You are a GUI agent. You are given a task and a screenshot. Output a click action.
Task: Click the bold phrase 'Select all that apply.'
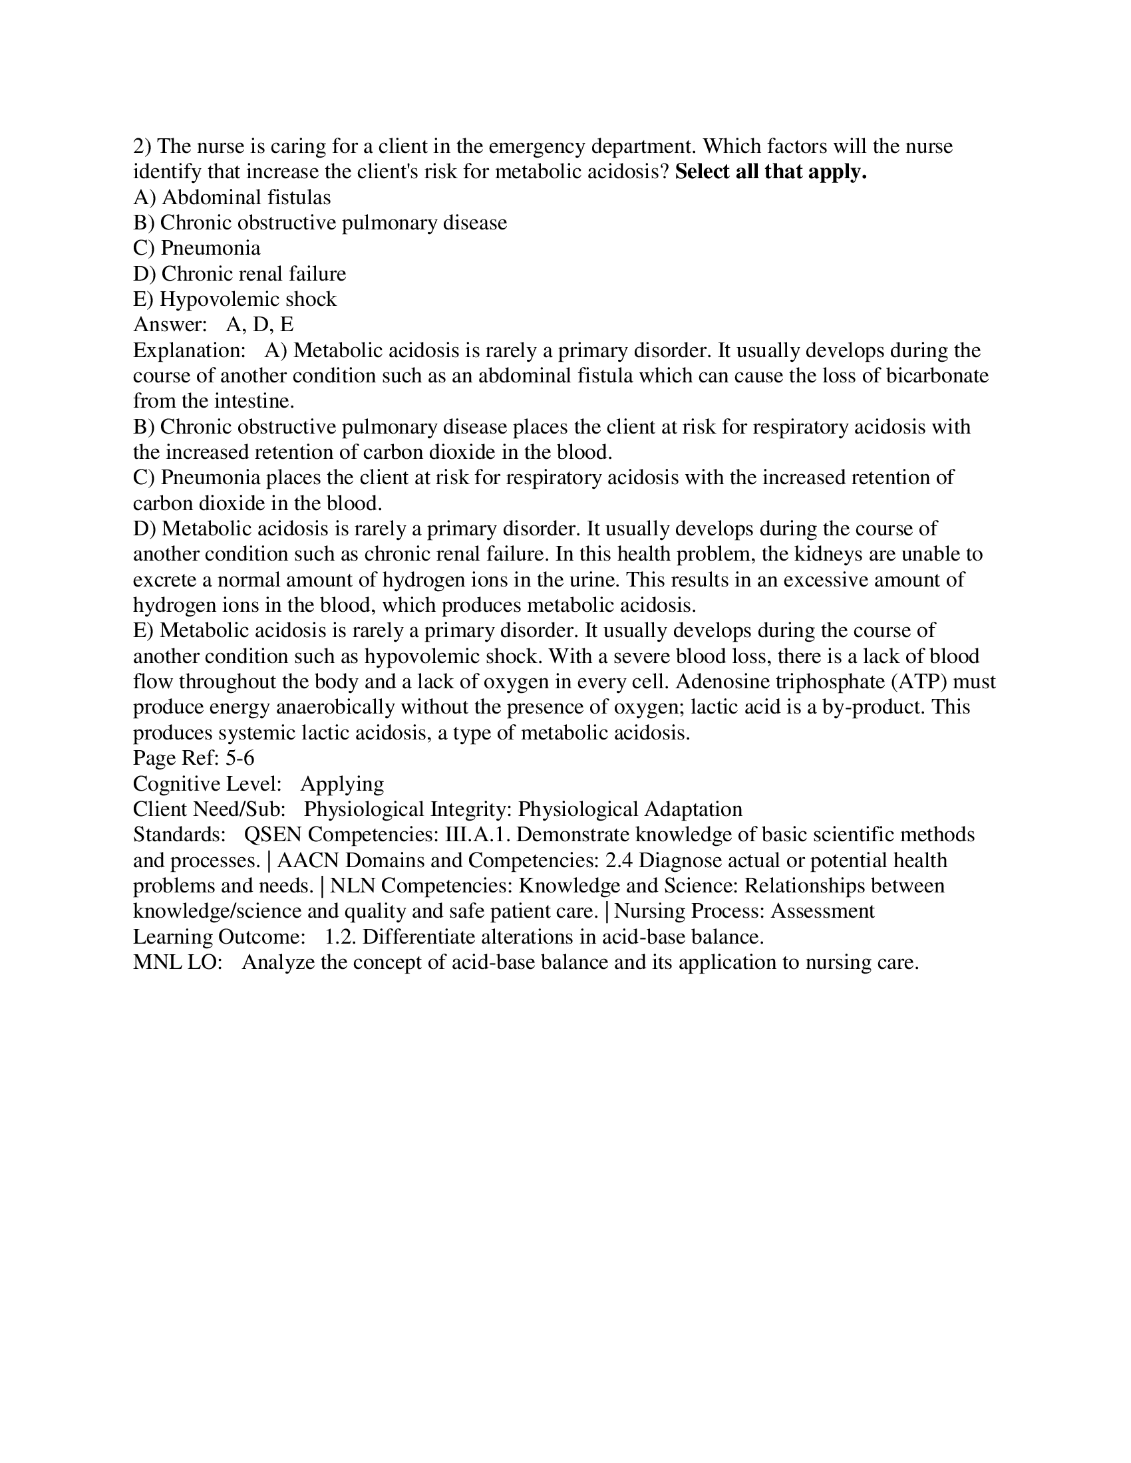[x=770, y=172]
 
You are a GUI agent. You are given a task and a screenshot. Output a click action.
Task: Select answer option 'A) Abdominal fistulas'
[x=232, y=198]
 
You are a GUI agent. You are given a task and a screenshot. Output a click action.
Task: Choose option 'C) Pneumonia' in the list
[x=197, y=249]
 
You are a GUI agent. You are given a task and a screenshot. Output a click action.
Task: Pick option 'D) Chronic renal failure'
[x=240, y=274]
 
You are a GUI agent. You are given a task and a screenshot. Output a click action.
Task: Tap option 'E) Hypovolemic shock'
[x=234, y=299]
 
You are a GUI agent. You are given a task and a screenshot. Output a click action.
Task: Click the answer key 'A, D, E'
[x=260, y=325]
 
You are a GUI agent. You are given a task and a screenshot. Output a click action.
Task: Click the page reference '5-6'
[x=240, y=758]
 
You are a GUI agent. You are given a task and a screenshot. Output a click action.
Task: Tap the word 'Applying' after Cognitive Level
[x=342, y=784]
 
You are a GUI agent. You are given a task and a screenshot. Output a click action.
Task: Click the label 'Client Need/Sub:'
[x=209, y=809]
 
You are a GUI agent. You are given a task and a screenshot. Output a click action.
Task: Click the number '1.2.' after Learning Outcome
[x=341, y=937]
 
